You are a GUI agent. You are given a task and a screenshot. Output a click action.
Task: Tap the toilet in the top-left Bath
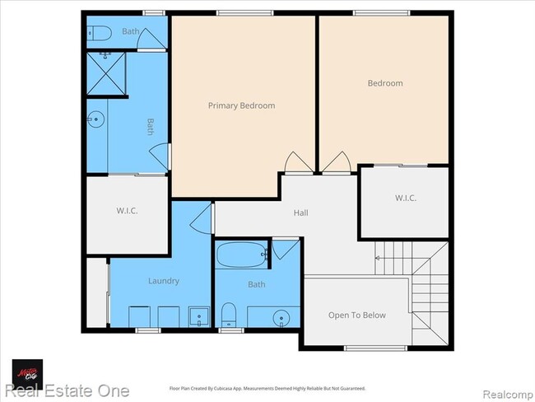point(100,34)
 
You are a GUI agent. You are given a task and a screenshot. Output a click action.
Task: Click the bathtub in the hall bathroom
point(241,255)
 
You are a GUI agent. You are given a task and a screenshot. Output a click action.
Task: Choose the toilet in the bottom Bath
point(230,314)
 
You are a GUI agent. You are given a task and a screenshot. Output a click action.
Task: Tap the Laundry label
point(163,281)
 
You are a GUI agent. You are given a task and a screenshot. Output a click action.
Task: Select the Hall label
point(301,213)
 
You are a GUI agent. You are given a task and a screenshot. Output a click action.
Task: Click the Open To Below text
point(356,315)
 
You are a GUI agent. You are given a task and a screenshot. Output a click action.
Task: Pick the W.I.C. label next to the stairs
point(405,198)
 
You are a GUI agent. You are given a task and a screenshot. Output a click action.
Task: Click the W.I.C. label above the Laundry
point(127,211)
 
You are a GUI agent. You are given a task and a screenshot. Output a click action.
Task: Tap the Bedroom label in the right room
point(385,83)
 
